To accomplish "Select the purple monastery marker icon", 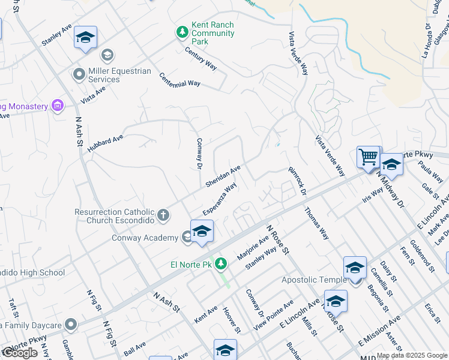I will [x=58, y=106].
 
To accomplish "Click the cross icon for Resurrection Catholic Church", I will [x=163, y=214].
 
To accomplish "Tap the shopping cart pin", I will [x=368, y=157].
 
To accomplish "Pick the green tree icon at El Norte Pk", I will [x=221, y=263].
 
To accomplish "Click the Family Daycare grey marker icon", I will [x=71, y=325].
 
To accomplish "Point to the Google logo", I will [x=20, y=353].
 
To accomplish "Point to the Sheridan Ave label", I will [x=223, y=175].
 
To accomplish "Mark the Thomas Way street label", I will [x=316, y=223].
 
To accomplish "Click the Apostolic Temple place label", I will [x=314, y=280].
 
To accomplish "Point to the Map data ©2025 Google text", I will [x=412, y=355].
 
